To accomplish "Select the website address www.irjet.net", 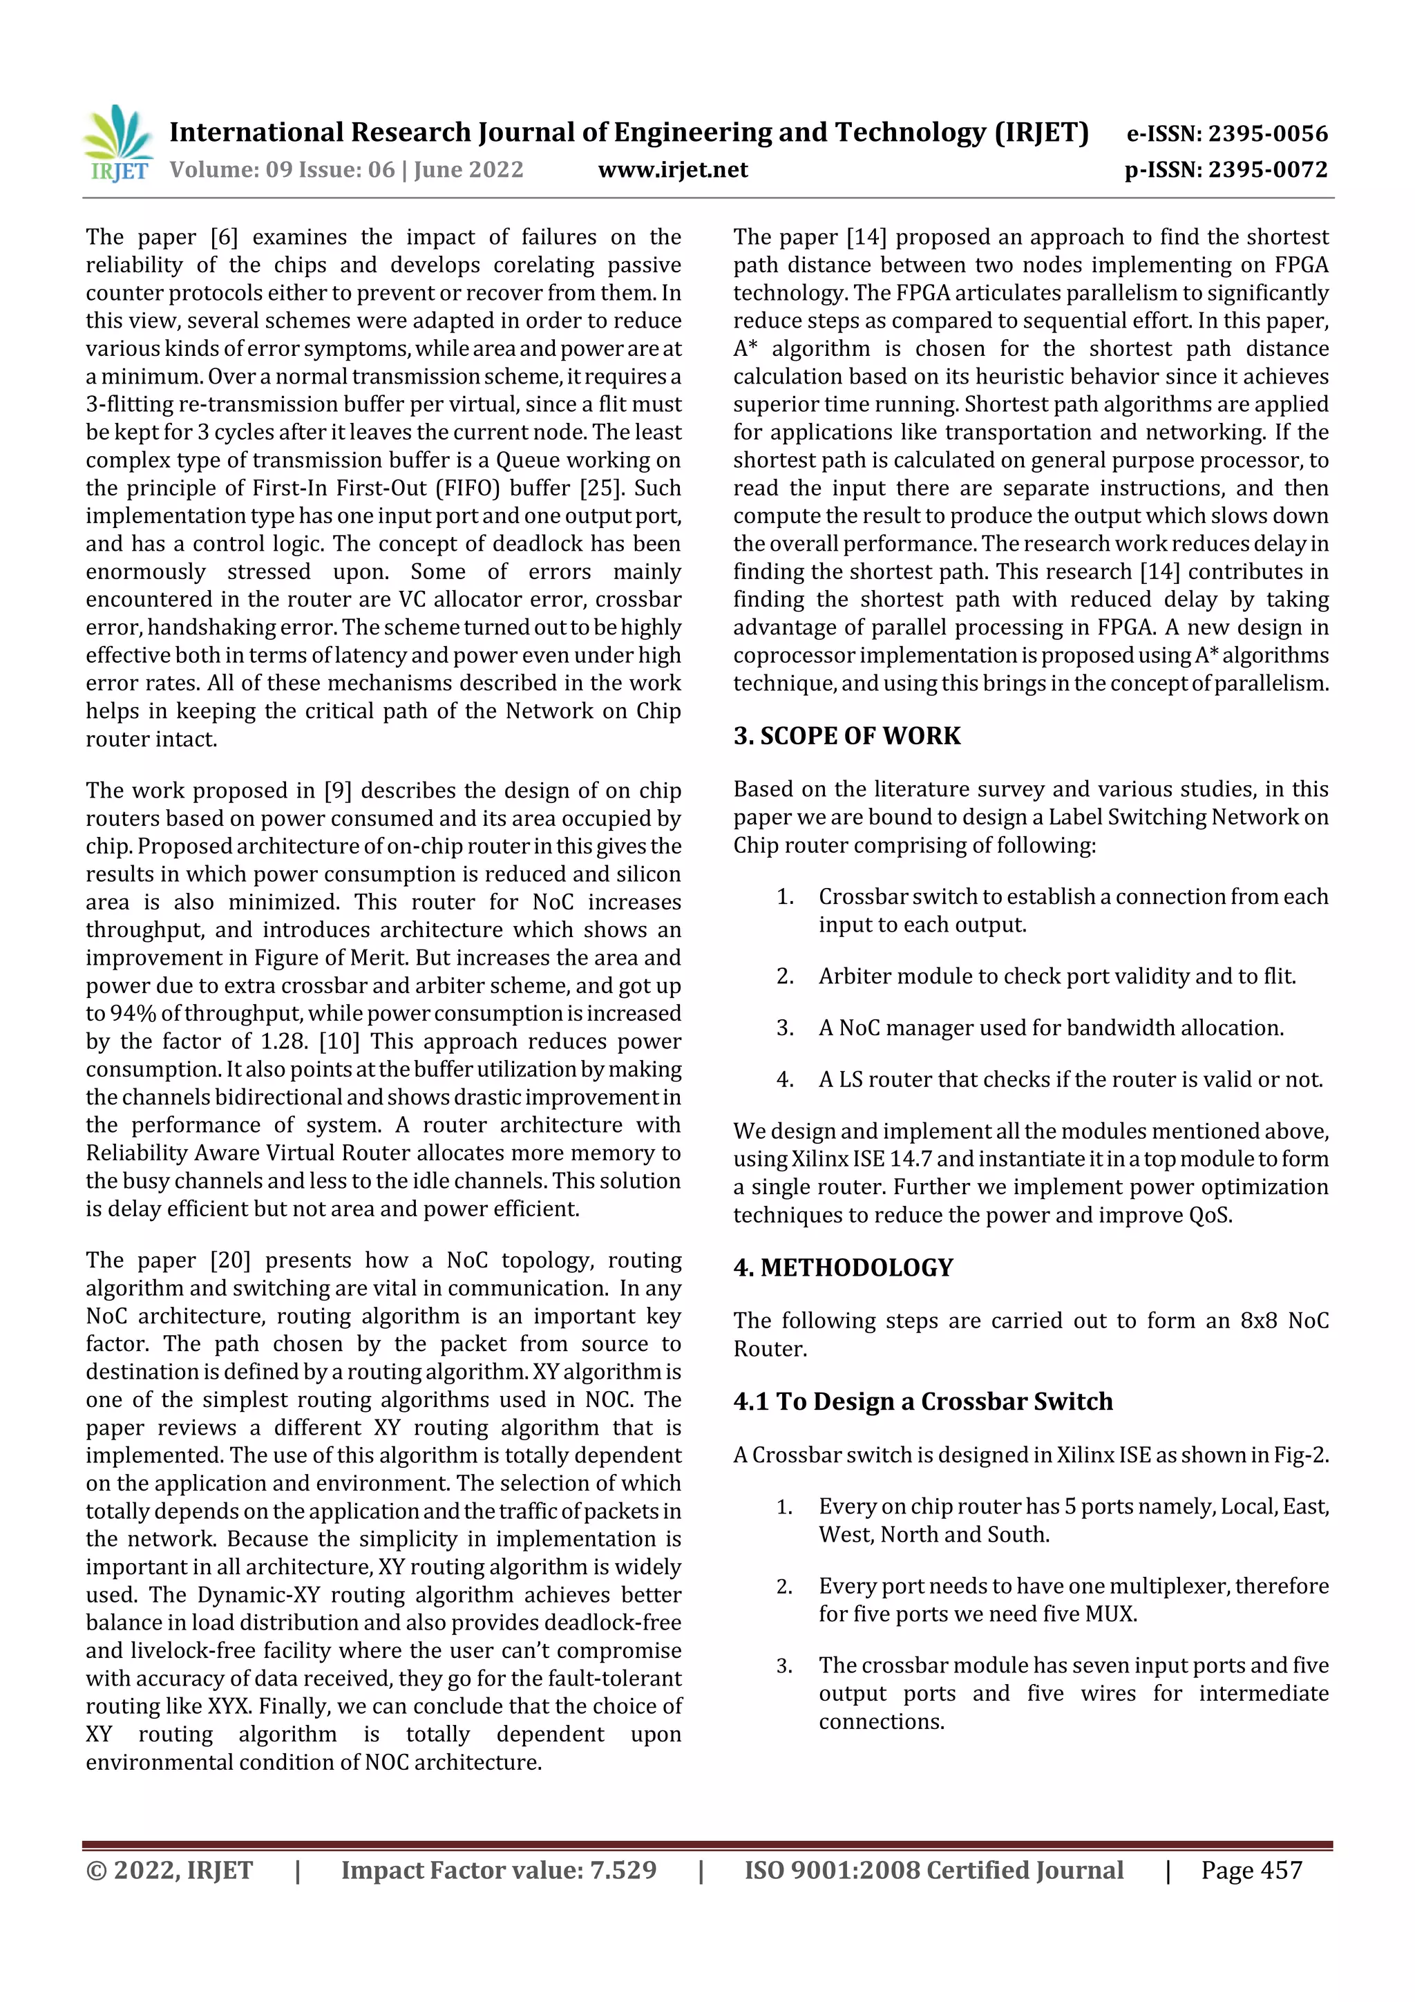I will pos(672,169).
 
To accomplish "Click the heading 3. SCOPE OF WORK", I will pos(846,736).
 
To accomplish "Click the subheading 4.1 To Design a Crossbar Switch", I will pos(922,1401).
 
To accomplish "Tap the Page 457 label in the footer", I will pos(1251,1870).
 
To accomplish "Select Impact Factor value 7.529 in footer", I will pos(498,1870).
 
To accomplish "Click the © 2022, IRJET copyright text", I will pos(169,1870).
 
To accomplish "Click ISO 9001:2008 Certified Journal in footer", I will pos(933,1870).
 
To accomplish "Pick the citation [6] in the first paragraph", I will pos(224,237).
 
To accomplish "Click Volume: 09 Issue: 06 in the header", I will pos(283,169).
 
